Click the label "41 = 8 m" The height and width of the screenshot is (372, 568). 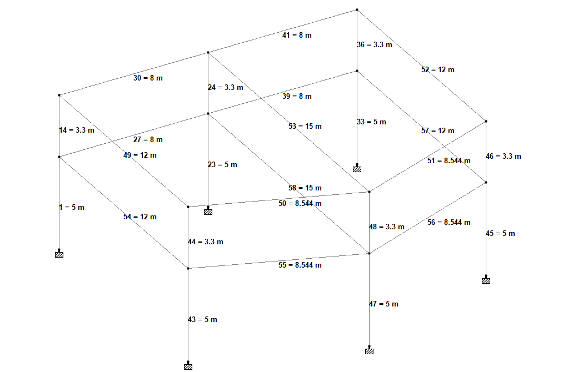[x=297, y=35]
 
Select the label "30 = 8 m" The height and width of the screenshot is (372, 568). [x=148, y=78]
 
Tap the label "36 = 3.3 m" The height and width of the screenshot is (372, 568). [x=375, y=44]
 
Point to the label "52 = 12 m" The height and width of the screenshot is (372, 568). [x=437, y=69]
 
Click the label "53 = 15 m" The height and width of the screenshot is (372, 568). [x=305, y=126]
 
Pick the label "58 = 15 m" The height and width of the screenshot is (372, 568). [x=305, y=188]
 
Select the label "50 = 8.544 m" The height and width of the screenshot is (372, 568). [x=300, y=203]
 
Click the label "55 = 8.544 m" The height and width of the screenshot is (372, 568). [x=300, y=265]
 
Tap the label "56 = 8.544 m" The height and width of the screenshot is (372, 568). [x=449, y=222]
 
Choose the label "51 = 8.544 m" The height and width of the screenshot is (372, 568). [x=449, y=160]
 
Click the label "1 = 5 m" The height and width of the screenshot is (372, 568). [x=72, y=207]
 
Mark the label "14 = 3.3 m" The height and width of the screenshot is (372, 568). [x=77, y=130]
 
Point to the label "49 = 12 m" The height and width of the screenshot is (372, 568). [x=140, y=155]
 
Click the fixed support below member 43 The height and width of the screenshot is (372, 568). [x=188, y=366]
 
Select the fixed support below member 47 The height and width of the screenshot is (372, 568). [x=369, y=351]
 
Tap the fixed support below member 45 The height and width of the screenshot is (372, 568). [x=486, y=280]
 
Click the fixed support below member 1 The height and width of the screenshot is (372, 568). [x=59, y=254]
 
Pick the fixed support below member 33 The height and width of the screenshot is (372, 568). [x=357, y=169]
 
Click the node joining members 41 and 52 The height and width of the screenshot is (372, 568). [x=357, y=9]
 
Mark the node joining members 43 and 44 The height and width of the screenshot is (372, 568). [x=188, y=268]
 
